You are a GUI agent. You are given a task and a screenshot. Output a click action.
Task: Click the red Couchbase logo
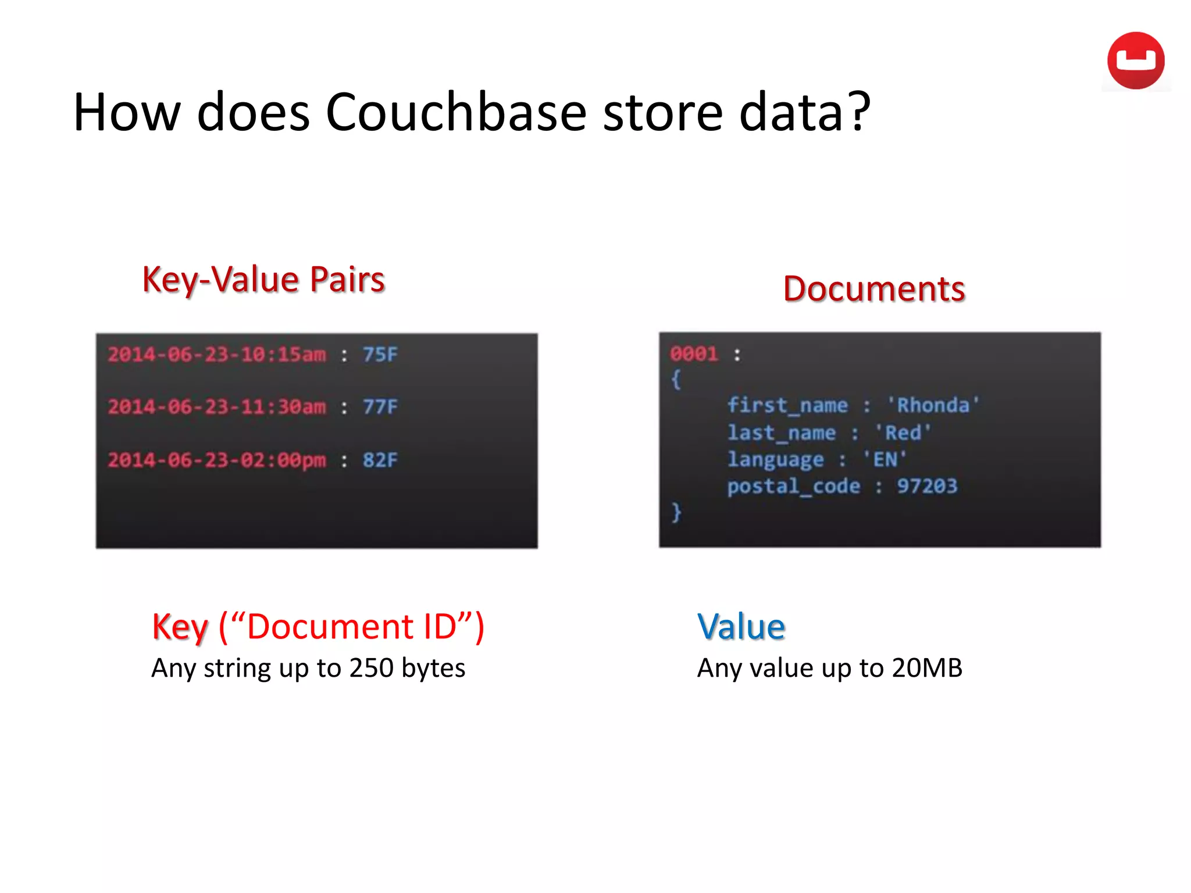(1135, 60)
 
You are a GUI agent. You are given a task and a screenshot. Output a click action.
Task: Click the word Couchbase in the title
(456, 112)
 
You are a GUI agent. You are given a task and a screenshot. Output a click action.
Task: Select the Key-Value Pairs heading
(263, 279)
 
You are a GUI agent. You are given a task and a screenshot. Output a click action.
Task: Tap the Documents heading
(873, 288)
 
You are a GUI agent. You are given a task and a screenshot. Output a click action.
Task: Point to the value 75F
(380, 354)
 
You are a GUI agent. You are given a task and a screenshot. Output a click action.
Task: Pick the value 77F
(380, 406)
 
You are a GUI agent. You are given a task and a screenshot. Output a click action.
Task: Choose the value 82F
(380, 460)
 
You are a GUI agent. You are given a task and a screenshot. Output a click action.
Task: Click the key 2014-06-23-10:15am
(217, 354)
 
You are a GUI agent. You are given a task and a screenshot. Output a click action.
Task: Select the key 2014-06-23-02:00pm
(217, 460)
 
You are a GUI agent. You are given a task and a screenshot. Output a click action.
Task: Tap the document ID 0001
(694, 353)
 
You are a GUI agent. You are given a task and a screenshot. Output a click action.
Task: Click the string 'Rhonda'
(933, 405)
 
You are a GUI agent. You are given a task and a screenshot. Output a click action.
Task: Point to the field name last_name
(782, 433)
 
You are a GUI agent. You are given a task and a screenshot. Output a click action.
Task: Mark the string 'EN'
(885, 459)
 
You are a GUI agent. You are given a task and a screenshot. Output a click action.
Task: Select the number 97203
(926, 485)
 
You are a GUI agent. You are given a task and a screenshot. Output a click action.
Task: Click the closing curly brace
(676, 512)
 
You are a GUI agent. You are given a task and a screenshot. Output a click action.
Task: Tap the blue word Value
(741, 627)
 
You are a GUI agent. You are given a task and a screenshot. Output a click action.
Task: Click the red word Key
(180, 627)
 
